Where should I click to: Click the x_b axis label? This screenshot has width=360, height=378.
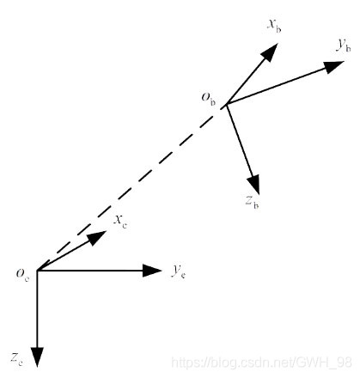(274, 27)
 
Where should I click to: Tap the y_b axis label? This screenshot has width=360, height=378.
(344, 46)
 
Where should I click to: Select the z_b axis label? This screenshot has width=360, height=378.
(253, 202)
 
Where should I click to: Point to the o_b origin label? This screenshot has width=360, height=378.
(209, 99)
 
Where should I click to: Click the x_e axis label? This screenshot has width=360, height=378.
(120, 222)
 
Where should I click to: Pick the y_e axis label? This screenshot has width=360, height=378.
(179, 271)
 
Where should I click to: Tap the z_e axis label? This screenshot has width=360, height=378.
(16, 359)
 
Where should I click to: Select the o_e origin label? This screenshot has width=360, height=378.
(22, 275)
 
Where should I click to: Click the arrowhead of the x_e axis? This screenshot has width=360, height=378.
(96, 237)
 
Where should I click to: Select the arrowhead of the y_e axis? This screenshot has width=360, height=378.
(152, 271)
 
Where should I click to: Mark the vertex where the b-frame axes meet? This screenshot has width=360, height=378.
(227, 104)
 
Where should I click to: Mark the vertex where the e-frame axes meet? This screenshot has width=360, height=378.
(38, 271)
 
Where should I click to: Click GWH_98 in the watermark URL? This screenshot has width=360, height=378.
(325, 363)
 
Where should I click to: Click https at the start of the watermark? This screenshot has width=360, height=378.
(187, 363)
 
